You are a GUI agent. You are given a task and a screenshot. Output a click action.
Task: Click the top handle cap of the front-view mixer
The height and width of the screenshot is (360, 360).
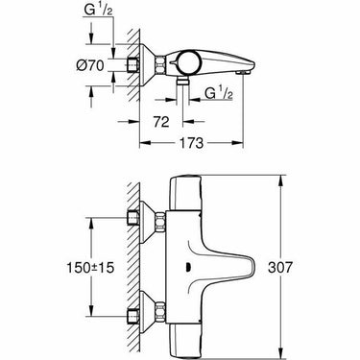pyautogui.click(x=200, y=187)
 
